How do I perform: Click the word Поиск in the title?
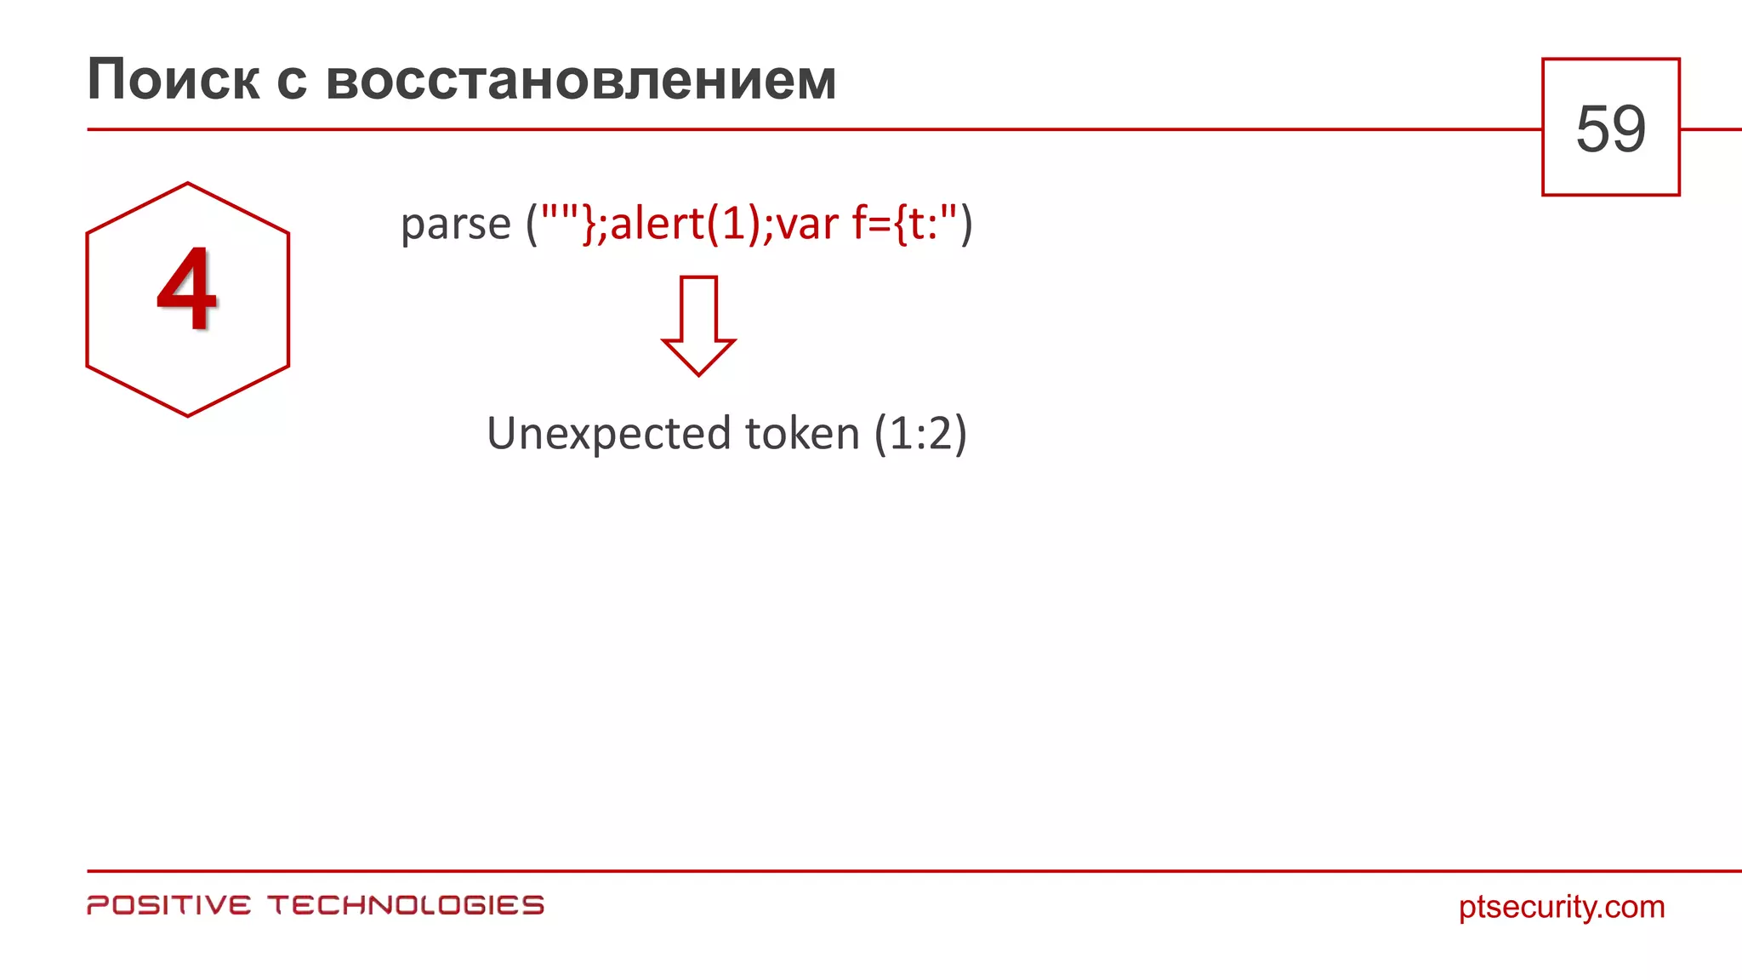174,81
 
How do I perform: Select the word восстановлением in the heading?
581,81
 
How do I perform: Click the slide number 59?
1610,128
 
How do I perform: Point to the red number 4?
187,289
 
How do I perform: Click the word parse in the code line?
455,225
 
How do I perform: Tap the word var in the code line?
807,225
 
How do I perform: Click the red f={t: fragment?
897,225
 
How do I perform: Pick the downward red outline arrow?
698,326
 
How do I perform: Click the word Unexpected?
609,434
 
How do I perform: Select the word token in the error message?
802,434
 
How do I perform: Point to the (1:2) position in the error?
921,434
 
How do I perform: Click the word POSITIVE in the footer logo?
169,905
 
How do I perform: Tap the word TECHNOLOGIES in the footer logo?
406,905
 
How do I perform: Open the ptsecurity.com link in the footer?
1562,907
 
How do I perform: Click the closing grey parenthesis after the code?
966,225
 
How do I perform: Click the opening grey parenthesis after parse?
532,225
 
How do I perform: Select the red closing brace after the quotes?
589,225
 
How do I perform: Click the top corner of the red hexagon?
187,183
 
